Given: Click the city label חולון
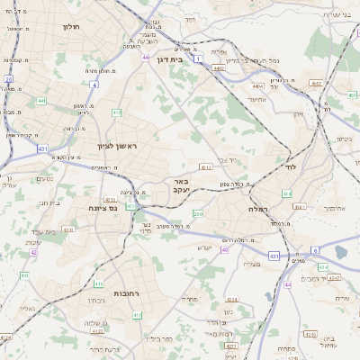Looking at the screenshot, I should coord(72,27).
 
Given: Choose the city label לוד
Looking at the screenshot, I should coord(290,167).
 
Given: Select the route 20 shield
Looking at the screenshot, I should coord(8,79).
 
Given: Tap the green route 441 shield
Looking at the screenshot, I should coord(41,101).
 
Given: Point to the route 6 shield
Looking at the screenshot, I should coord(315,249).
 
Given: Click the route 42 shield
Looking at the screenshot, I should coord(33,252).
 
